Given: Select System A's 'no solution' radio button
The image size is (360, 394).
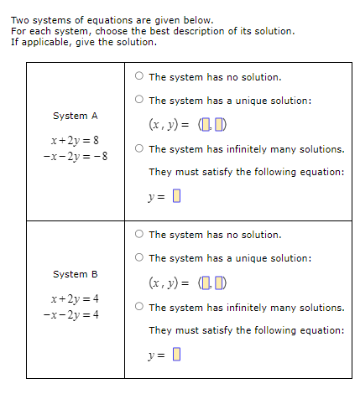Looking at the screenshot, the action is pos(138,77).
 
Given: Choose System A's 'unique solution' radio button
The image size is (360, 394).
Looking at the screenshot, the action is pos(138,101).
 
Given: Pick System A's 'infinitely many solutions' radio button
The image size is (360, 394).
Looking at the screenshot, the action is pos(138,149).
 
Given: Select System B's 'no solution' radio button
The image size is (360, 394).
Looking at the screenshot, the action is pos(138,235).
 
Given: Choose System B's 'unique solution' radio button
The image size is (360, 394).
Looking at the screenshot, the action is pos(138,258).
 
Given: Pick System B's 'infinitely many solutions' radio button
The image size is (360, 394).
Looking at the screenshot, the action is pos(138,308).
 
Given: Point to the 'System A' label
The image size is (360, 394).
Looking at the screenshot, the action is pos(76,116).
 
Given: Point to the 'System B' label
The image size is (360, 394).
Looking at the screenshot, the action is pos(76,274).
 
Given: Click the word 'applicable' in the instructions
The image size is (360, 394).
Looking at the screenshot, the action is pos(42,42).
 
